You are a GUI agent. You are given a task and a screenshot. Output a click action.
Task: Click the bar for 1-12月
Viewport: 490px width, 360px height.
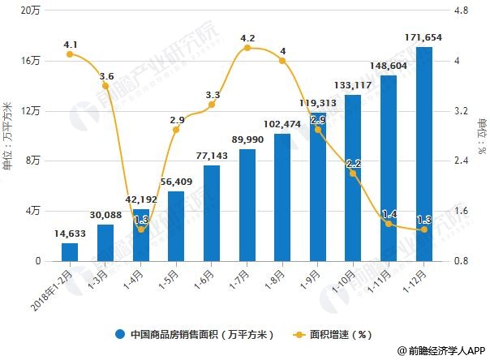[424, 154]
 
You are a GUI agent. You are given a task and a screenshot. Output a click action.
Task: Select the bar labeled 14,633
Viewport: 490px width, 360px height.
[70, 252]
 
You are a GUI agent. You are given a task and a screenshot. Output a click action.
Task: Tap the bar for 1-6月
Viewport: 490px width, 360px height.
[212, 213]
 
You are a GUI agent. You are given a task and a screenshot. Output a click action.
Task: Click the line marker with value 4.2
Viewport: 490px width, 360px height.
[247, 48]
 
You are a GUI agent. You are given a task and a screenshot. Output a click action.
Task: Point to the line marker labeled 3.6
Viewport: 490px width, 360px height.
[105, 85]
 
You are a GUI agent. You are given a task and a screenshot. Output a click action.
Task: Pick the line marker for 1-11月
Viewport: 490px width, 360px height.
[389, 224]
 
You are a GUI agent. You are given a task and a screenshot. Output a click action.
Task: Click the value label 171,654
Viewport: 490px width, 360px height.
[424, 38]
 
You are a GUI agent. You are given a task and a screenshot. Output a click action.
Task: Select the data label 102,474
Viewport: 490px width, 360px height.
[282, 124]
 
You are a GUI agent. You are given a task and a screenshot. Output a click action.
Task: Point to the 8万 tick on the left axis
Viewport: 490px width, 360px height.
[35, 161]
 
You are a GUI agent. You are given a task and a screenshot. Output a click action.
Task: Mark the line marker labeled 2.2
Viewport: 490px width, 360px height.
[353, 174]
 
